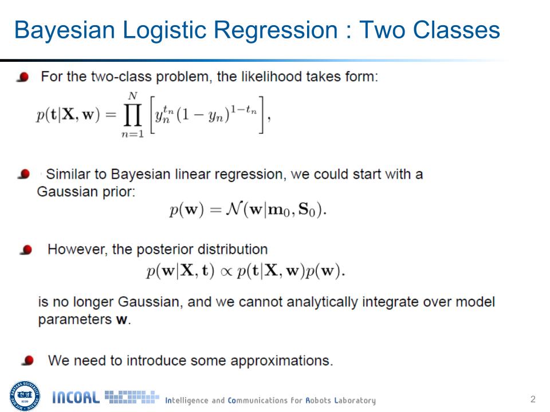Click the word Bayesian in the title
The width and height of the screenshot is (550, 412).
65,31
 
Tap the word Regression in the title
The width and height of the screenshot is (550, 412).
276,31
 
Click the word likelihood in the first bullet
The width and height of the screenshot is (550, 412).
272,76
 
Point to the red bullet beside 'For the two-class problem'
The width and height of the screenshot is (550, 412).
23,77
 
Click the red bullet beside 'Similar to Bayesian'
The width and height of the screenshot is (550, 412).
24,174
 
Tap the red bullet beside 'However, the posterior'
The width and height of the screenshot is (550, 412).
26,250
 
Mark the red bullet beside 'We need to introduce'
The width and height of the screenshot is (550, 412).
27,360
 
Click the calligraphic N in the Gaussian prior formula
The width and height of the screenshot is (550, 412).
233,209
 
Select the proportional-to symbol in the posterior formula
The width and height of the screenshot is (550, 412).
226,272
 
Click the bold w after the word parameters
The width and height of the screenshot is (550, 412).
121,320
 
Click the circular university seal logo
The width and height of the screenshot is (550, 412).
25,396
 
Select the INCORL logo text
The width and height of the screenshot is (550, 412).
76,398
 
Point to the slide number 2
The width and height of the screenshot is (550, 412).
533,399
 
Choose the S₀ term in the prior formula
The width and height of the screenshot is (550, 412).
307,209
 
